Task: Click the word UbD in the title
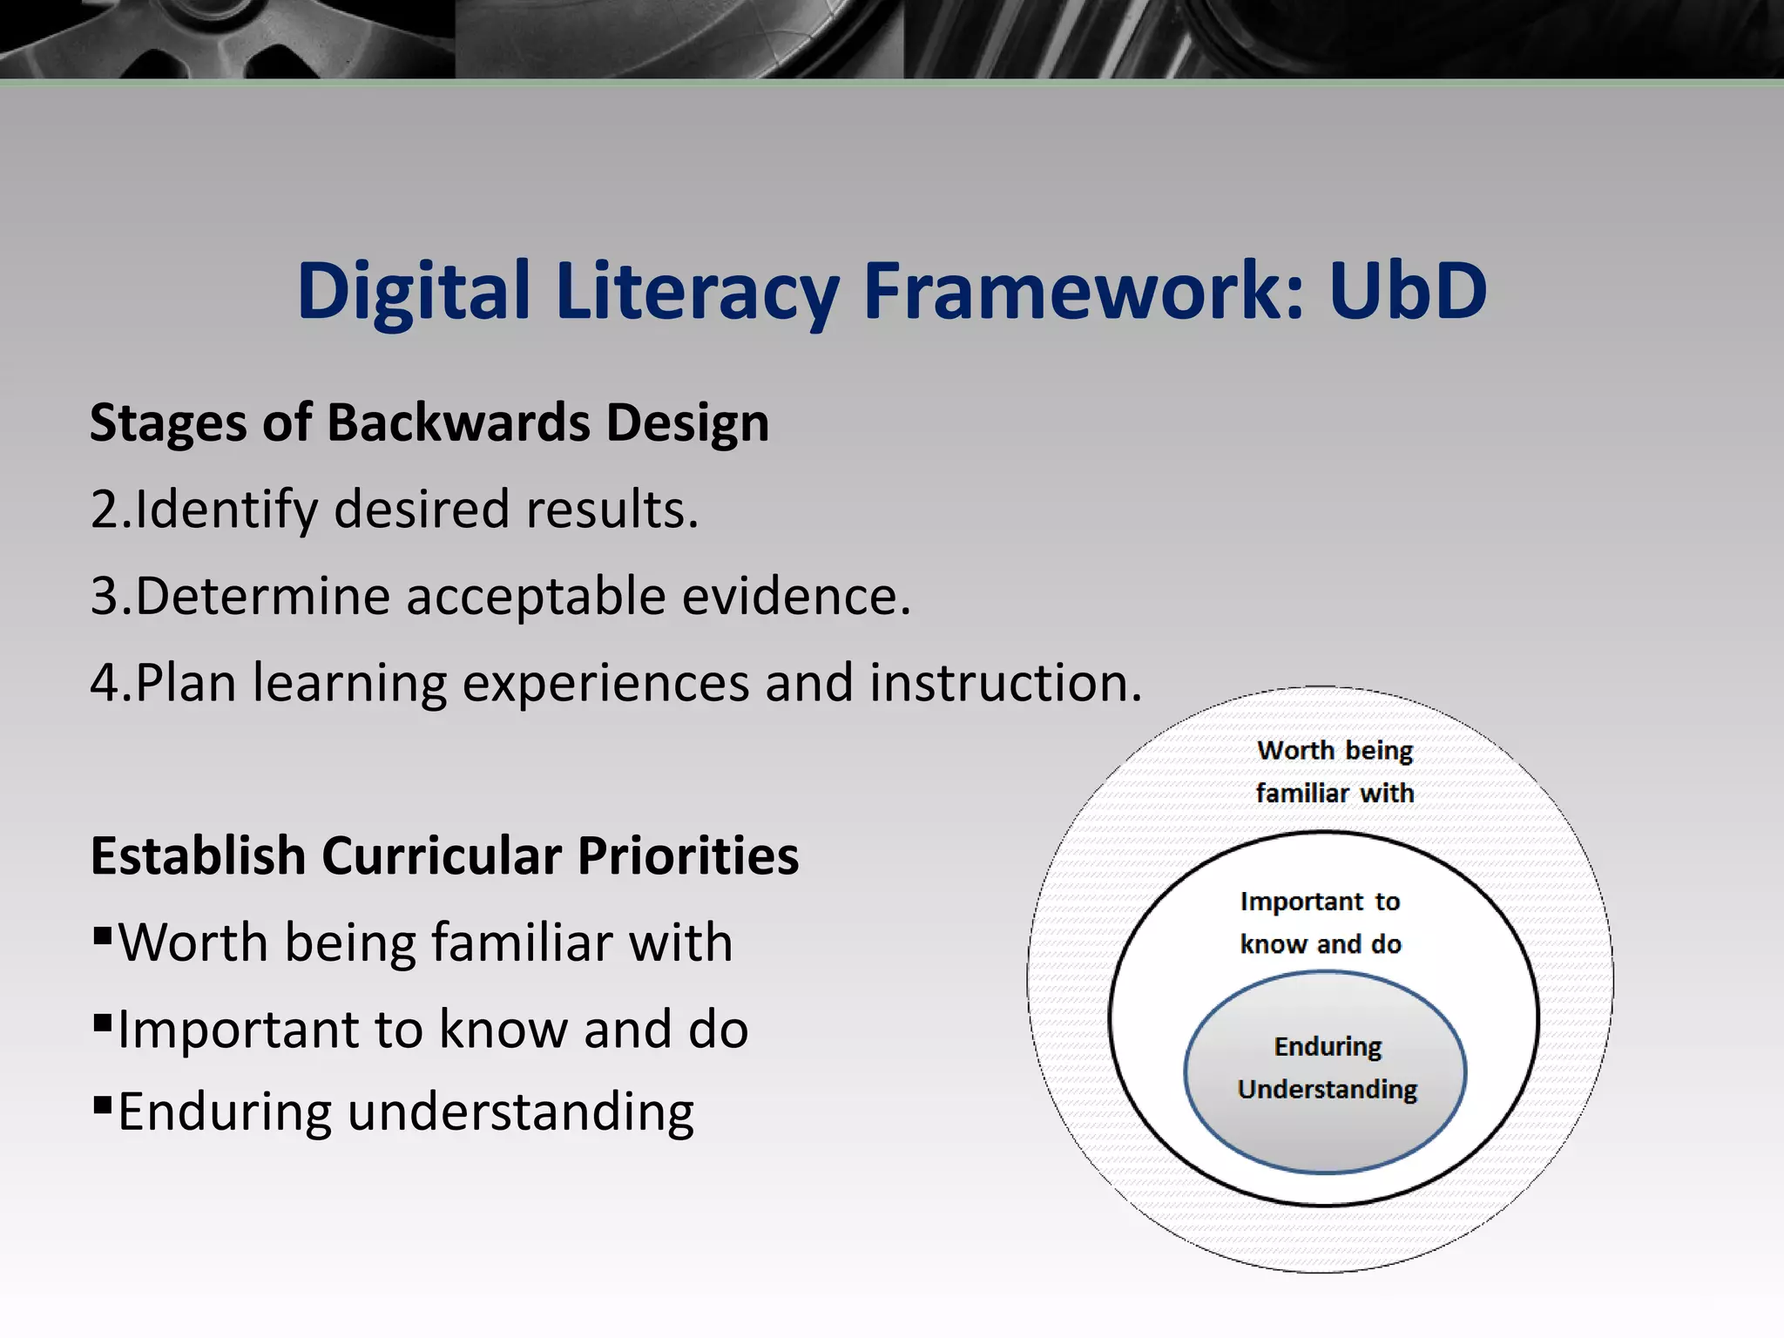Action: point(1408,291)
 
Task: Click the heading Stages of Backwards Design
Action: point(429,423)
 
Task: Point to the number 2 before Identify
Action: point(104,510)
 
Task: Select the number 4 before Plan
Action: point(104,683)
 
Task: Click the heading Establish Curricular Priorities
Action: point(444,856)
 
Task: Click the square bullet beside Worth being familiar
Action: point(103,937)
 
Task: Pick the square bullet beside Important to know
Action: point(103,1021)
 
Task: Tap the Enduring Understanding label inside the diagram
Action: point(1327,1068)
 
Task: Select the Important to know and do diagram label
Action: point(1321,922)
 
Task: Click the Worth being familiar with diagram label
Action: point(1335,772)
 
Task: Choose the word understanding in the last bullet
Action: point(520,1113)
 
